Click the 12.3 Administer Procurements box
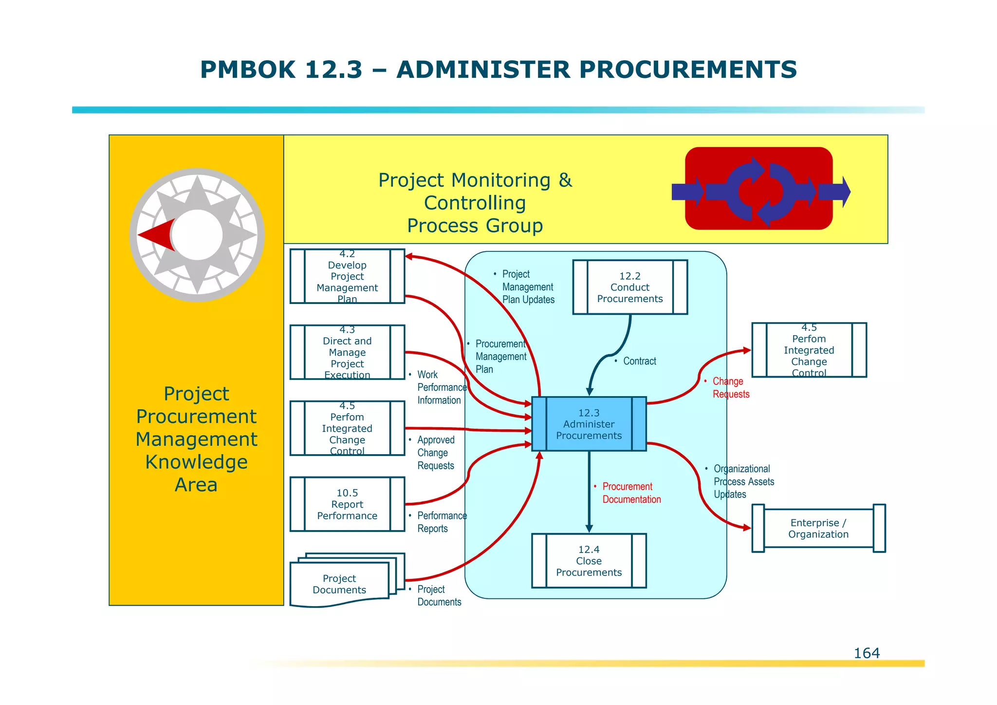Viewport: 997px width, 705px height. tap(589, 424)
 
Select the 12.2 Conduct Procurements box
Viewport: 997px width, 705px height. tap(629, 287)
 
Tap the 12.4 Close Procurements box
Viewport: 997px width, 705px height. tap(589, 561)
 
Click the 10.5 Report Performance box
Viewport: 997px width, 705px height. tap(347, 504)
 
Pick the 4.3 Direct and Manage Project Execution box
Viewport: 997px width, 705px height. tap(347, 352)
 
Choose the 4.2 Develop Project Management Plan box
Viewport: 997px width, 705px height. tap(347, 276)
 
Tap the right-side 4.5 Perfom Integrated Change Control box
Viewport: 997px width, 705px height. tap(809, 350)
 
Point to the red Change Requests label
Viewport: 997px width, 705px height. tap(730, 388)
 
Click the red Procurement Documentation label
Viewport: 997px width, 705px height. tap(631, 493)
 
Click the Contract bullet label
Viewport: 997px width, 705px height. tap(639, 361)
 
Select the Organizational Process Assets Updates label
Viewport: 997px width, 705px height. tap(743, 481)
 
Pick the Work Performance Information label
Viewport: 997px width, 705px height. tap(441, 387)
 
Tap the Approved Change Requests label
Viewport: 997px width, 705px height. tap(435, 453)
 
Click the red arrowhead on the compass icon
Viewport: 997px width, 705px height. tap(157, 235)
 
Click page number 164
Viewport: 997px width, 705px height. tap(867, 653)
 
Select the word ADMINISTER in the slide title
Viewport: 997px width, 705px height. tap(482, 70)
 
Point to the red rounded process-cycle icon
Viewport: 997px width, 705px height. tap(758, 189)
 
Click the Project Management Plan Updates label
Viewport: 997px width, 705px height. tap(528, 287)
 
